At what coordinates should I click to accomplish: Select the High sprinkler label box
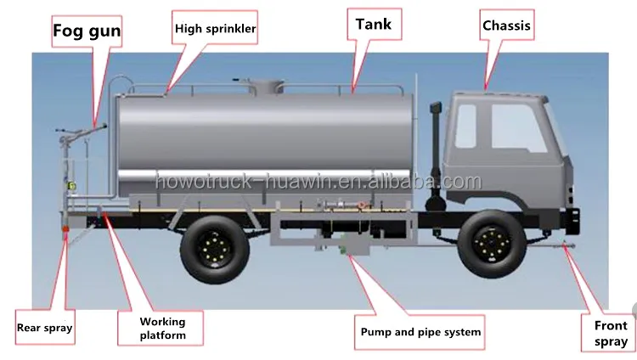tap(216, 28)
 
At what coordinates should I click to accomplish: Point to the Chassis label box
tap(506, 25)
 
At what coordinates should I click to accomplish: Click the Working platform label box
tap(162, 329)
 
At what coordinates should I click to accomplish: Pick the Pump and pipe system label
tap(420, 332)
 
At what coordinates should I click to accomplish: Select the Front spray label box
tap(610, 333)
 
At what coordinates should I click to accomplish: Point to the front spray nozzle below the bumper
tap(565, 249)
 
